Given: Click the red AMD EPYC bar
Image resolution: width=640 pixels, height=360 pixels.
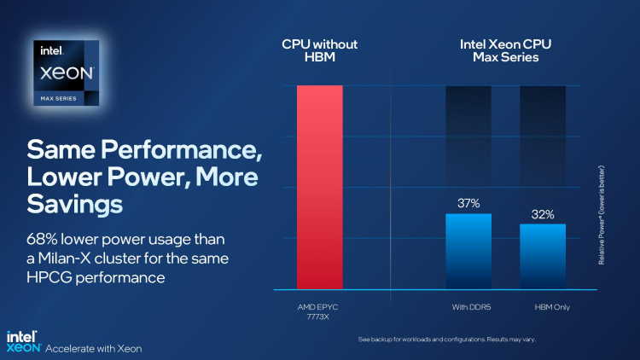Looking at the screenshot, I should [x=319, y=187].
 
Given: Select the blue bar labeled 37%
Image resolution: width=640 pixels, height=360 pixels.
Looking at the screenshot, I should [x=468, y=251].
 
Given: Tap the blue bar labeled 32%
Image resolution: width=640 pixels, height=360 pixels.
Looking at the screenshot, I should [x=543, y=256].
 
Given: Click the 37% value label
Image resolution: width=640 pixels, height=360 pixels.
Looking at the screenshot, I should [x=468, y=204].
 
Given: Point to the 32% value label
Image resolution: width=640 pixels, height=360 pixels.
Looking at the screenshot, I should [x=543, y=215].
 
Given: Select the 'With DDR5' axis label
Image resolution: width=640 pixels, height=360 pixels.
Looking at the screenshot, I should [x=468, y=305].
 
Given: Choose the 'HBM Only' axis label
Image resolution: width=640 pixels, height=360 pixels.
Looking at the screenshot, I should [x=543, y=305].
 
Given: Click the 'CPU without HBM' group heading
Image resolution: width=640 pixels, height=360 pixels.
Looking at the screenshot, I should [x=319, y=50].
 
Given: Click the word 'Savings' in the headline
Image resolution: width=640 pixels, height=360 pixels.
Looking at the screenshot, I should [x=75, y=206].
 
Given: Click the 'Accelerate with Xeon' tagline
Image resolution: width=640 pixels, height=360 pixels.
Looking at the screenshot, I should [x=93, y=347].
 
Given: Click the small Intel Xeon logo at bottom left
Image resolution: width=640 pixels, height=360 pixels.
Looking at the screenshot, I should [x=22, y=341].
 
